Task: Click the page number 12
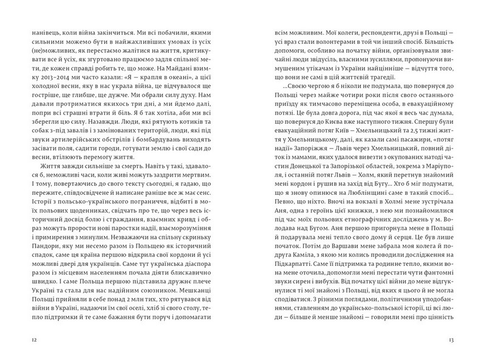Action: pyautogui.click(x=23, y=339)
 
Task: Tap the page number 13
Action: pyautogui.click(x=461, y=339)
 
